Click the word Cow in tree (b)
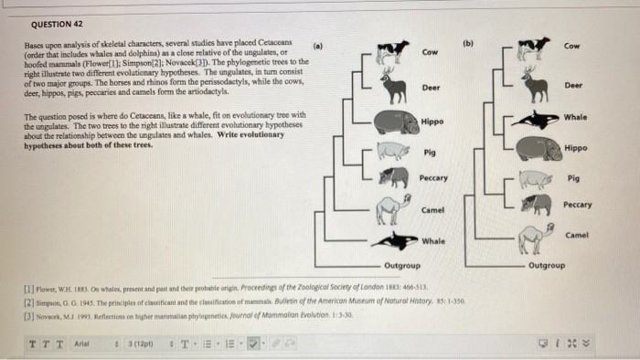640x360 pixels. [x=571, y=45]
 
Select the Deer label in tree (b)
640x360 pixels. [x=573, y=85]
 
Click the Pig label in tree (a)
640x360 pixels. [x=430, y=152]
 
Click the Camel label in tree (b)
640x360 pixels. [x=577, y=235]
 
